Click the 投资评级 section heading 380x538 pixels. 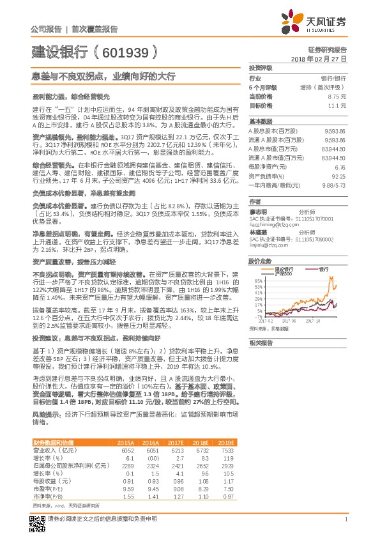point(261,68)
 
